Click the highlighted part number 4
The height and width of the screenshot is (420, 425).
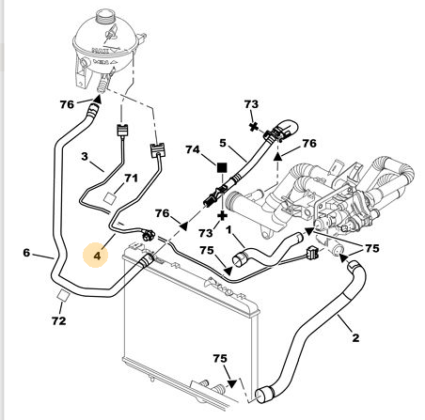[97, 256]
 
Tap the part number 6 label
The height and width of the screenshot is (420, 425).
[26, 253]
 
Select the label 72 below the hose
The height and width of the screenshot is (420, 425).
[59, 320]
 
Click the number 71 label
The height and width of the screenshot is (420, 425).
[131, 179]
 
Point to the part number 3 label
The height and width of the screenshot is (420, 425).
[85, 156]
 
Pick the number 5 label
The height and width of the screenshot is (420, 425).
[223, 143]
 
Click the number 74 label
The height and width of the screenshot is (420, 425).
[193, 149]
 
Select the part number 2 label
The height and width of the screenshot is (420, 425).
[355, 337]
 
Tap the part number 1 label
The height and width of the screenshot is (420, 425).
[228, 230]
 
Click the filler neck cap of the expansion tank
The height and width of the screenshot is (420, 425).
[105, 16]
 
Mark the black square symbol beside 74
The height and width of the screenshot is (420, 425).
[222, 168]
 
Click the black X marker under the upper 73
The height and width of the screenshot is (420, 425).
[254, 127]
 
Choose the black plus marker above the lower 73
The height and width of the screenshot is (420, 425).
[223, 215]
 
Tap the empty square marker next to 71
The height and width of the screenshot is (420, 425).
[110, 198]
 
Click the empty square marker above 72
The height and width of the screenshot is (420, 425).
[63, 295]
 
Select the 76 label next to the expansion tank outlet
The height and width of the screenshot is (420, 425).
[67, 104]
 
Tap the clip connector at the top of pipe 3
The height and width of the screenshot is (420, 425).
[122, 131]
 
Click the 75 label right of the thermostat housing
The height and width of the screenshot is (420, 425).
[372, 248]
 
